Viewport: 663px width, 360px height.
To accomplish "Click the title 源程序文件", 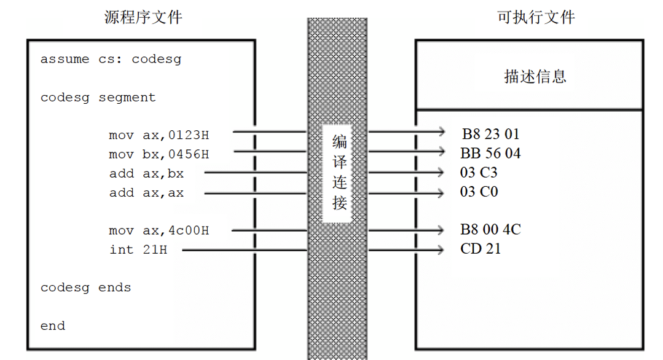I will (x=143, y=17).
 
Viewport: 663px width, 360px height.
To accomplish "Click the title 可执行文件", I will (x=536, y=17).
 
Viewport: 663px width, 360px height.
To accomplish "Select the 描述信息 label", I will (x=535, y=77).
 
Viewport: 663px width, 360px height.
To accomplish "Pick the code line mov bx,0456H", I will (x=159, y=154).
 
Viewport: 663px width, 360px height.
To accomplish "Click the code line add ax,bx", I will (x=146, y=173).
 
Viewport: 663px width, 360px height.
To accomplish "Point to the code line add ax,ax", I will (x=146, y=193).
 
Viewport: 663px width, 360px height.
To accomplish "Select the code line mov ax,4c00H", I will (x=159, y=231).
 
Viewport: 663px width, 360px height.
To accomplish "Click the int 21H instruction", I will (x=138, y=250).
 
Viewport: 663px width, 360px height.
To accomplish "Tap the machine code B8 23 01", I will (x=491, y=134).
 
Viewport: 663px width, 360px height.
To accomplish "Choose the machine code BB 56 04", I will (x=490, y=154).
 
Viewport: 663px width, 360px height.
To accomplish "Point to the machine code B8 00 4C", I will (x=490, y=230).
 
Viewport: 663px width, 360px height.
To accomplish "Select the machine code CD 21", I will (x=480, y=249).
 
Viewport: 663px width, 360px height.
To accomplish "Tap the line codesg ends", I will (x=85, y=288).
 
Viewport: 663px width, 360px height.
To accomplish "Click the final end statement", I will (x=52, y=326).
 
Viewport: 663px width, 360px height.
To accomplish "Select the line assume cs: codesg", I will (x=111, y=60).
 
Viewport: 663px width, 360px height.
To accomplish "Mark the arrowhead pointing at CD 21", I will (x=440, y=249).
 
